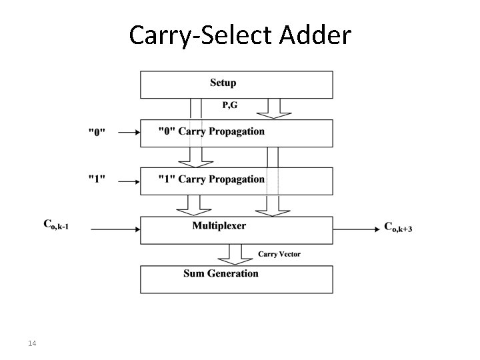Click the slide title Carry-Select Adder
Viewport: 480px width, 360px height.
(x=239, y=35)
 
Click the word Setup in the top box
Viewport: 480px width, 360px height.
(x=223, y=83)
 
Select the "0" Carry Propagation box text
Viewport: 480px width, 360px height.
(x=211, y=131)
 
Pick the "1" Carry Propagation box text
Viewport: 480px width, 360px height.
(x=211, y=179)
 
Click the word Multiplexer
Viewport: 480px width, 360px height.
(x=219, y=226)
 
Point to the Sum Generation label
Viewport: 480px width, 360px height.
(x=221, y=273)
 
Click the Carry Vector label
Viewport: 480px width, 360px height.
(x=279, y=254)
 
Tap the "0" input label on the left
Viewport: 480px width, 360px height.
(x=97, y=132)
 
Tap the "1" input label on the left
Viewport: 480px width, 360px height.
(x=97, y=179)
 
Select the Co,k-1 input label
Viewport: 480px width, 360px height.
(x=57, y=227)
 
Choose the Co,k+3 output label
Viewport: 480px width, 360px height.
(x=398, y=227)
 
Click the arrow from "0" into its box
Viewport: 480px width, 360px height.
(x=129, y=132)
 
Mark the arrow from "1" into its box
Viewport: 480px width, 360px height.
(x=129, y=180)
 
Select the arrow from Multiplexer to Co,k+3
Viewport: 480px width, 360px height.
(x=356, y=229)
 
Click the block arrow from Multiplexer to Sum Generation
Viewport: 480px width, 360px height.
(x=235, y=254)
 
